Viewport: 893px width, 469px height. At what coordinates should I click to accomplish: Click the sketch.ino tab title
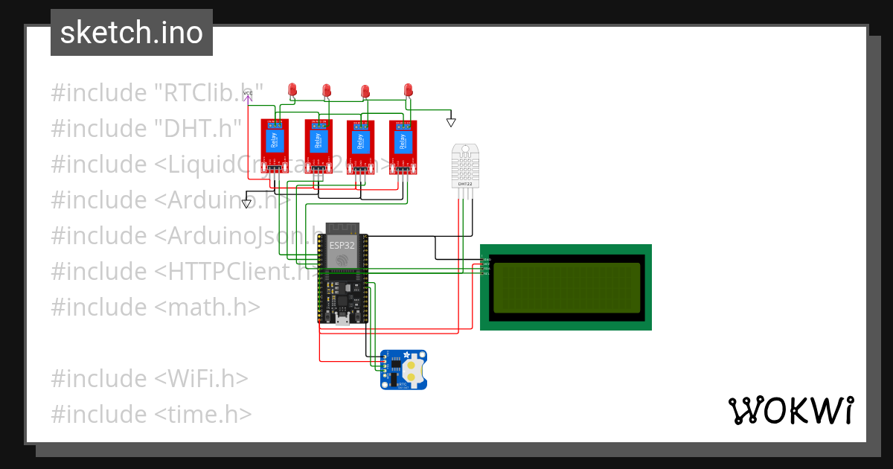(132, 33)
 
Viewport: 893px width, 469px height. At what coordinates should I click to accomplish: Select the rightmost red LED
(408, 91)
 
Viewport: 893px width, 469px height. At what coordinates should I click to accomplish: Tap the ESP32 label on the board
(342, 243)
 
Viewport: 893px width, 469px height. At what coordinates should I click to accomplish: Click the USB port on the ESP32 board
(342, 320)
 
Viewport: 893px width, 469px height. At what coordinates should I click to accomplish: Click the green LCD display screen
(566, 287)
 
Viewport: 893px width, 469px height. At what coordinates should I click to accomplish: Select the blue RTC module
(403, 370)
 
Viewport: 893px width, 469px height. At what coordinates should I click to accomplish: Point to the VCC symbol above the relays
(249, 95)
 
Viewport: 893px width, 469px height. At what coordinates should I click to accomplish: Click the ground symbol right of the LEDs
(451, 121)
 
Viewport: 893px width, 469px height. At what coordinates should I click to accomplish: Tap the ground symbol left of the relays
(247, 202)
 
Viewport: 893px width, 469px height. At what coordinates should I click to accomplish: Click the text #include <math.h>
(156, 307)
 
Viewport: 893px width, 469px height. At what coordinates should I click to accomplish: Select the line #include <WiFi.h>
(149, 378)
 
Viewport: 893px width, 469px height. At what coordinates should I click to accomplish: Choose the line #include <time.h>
(151, 414)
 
